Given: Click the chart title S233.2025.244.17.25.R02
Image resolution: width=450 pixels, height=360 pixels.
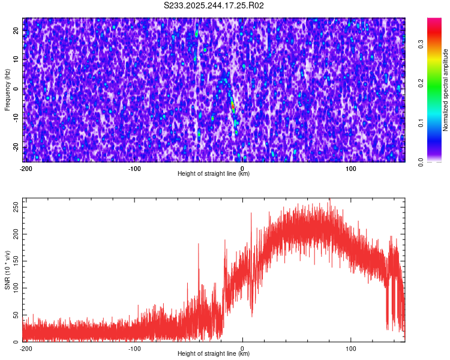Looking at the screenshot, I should click(x=214, y=5).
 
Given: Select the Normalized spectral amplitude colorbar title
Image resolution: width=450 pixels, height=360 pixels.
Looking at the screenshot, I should click(x=446, y=90).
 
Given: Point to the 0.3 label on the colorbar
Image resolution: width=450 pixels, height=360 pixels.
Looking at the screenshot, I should click(x=421, y=43).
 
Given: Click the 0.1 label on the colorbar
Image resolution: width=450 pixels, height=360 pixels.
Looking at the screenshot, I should click(x=421, y=123).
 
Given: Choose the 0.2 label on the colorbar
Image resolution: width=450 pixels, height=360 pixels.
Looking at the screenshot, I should click(x=421, y=83).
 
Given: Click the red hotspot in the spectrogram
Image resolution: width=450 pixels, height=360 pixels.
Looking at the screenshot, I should click(x=233, y=106).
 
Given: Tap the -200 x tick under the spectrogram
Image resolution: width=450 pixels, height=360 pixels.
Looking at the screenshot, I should click(x=26, y=169).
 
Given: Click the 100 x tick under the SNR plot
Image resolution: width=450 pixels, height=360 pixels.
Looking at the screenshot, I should click(x=351, y=348).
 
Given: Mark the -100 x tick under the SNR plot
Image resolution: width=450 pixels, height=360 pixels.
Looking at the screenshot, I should click(x=134, y=348).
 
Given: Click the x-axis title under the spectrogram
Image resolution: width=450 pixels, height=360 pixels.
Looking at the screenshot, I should click(x=214, y=174).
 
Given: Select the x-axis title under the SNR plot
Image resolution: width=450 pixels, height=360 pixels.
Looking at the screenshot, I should click(x=214, y=354).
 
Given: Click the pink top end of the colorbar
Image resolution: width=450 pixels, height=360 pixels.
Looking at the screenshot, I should click(x=434, y=21).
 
